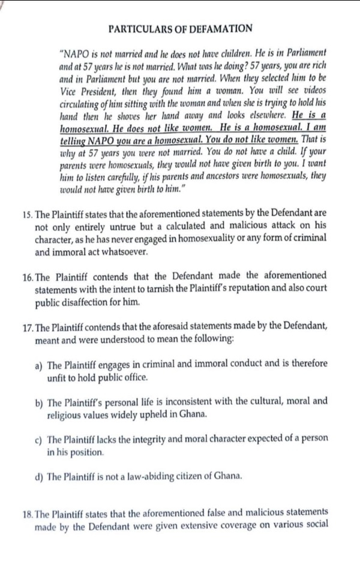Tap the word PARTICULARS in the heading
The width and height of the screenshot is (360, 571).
[142, 29]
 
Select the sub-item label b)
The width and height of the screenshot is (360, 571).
[39, 401]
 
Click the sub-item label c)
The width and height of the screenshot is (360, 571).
[39, 438]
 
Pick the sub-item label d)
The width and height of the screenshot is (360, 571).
[39, 477]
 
